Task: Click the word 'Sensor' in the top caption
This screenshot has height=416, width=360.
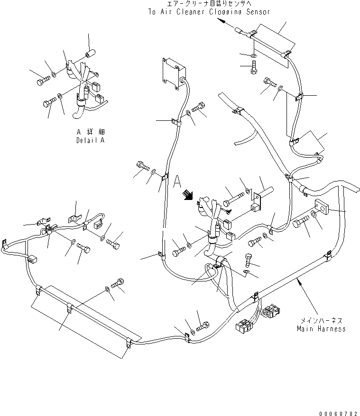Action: point(256,12)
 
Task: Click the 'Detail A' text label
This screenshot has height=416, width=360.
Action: point(90,140)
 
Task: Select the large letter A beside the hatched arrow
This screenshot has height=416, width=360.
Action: point(178,181)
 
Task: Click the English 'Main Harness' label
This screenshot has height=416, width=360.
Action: point(321,328)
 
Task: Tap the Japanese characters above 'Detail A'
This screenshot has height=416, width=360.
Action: point(90,132)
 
